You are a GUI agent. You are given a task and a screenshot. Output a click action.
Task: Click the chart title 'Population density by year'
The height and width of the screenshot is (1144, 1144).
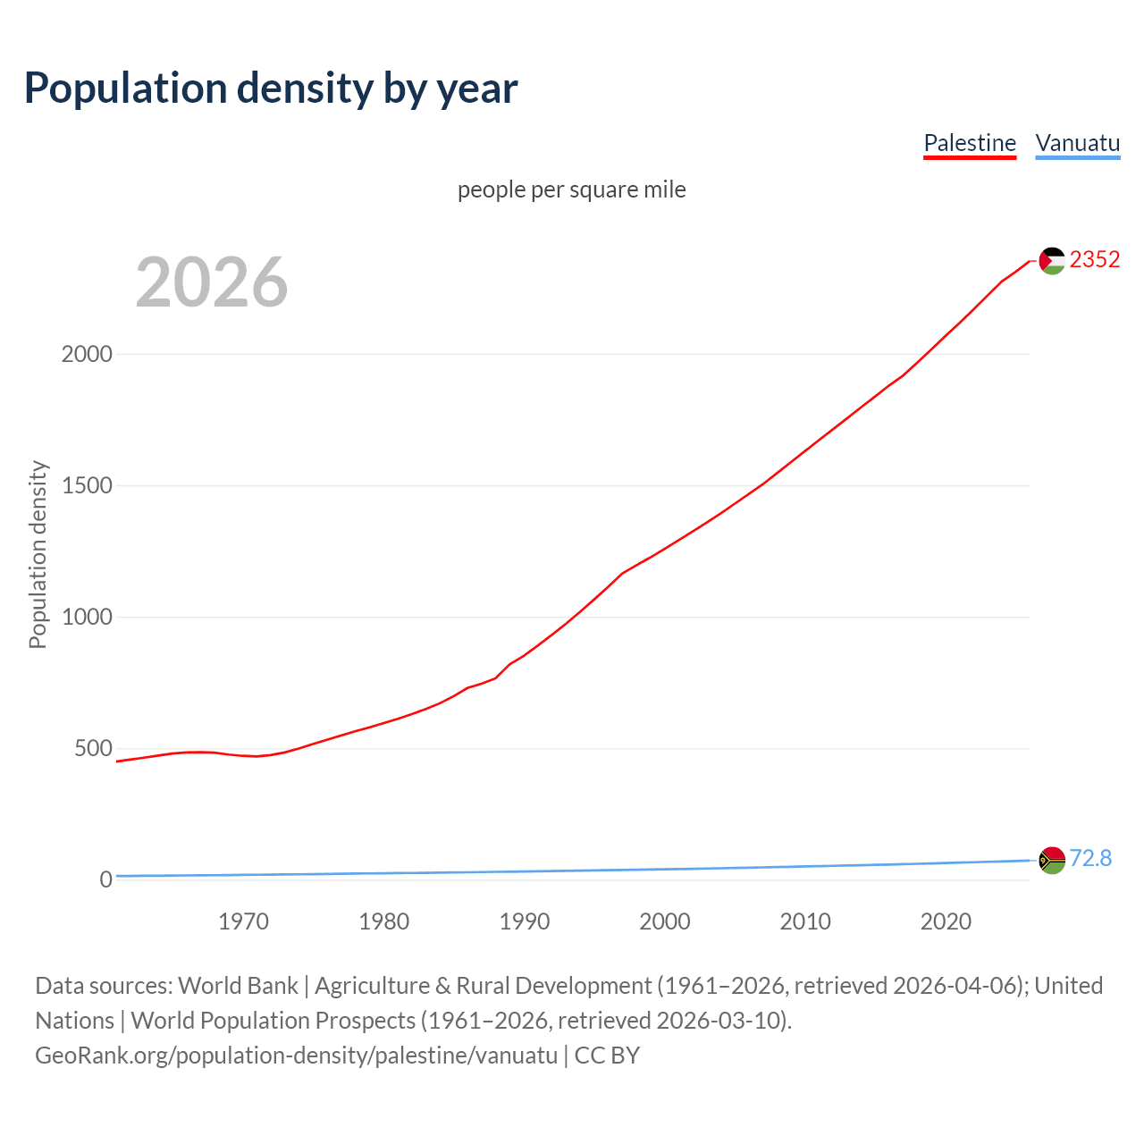271,88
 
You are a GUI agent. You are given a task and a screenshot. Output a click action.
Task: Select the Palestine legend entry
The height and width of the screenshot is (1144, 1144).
970,143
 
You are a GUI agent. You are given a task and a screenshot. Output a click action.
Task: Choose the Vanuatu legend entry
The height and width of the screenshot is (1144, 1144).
1077,143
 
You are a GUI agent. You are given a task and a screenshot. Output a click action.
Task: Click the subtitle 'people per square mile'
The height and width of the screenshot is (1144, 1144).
572,189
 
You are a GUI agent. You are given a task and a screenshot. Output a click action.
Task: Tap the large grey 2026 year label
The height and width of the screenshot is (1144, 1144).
212,282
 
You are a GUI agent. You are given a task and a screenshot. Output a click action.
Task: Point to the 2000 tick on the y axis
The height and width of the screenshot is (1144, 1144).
87,354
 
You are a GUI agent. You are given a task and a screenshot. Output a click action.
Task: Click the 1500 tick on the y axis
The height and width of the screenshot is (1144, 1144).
87,485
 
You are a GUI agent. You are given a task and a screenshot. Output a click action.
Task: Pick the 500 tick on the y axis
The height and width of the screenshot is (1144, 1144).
93,748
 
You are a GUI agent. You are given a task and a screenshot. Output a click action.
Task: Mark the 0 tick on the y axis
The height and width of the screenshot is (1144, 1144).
106,879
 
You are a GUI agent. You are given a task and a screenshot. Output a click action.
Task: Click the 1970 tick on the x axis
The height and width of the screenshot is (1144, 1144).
243,921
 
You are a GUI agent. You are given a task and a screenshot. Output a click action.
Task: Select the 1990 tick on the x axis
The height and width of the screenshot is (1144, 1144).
525,921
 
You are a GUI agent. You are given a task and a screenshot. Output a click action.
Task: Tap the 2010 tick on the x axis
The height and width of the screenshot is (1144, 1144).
805,921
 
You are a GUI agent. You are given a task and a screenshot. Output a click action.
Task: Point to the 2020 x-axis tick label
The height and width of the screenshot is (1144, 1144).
946,921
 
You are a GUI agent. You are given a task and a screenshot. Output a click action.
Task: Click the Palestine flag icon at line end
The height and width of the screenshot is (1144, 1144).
1052,260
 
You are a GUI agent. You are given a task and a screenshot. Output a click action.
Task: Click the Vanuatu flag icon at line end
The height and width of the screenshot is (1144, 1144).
1052,860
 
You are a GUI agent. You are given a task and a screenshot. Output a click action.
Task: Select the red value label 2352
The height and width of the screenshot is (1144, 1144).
1095,259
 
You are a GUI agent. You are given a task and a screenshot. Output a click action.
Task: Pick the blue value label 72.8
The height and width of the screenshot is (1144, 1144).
1090,858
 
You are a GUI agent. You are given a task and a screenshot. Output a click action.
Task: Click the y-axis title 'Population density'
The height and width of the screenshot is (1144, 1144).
38,554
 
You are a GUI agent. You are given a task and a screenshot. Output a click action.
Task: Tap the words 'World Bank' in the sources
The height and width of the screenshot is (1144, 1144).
238,986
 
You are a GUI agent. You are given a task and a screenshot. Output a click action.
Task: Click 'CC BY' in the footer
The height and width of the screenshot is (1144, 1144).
607,1056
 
